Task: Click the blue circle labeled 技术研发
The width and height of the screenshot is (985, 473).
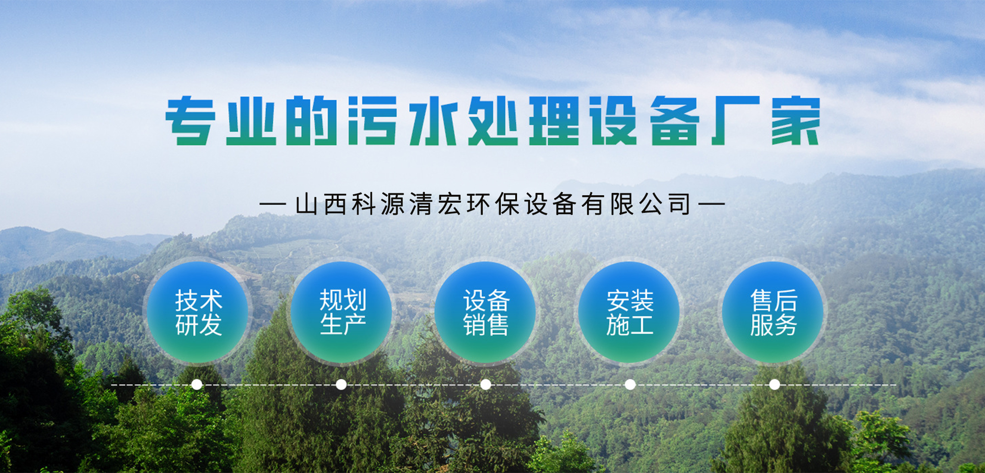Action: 198,312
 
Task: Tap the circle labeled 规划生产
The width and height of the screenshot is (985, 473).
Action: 342,312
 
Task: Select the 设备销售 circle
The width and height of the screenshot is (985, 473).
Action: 486,312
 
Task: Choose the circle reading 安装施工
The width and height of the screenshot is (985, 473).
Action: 630,312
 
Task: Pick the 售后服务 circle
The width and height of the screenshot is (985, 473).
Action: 773,312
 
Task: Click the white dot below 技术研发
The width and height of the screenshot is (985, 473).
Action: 197,384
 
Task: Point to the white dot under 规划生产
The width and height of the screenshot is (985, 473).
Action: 341,384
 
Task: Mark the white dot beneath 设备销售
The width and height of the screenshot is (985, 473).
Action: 486,384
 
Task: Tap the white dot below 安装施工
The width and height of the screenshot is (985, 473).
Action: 630,384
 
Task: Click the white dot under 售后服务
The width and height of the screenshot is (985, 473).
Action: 775,384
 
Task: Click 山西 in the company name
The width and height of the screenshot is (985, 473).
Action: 321,204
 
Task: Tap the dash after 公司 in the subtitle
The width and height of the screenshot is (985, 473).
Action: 712,204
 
